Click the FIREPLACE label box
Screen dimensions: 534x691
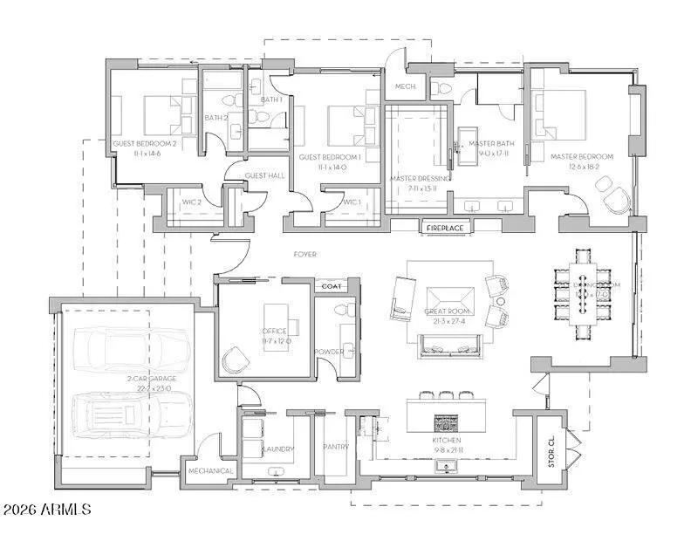click(445, 229)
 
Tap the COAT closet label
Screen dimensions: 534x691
click(331, 286)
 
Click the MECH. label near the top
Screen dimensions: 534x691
click(404, 86)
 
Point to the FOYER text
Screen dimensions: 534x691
click(304, 255)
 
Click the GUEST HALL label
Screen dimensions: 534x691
click(264, 175)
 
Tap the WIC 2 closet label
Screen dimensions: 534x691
click(192, 202)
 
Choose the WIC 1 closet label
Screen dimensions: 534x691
click(351, 202)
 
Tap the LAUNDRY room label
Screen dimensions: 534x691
click(276, 449)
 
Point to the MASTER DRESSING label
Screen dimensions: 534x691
click(421, 179)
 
